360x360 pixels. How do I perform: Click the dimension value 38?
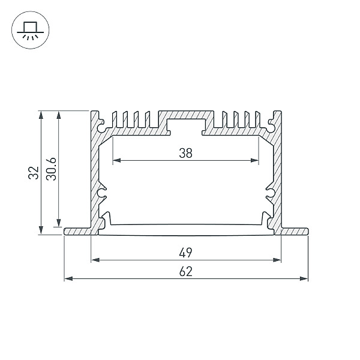[x=185, y=153]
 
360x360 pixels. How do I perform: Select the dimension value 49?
[x=185, y=253]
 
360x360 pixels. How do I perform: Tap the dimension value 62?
[x=185, y=271]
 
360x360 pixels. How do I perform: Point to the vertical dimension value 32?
[x=34, y=173]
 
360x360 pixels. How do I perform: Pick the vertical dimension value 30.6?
[x=51, y=169]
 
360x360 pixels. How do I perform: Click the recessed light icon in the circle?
[x=31, y=31]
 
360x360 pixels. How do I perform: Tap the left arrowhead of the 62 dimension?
[x=68, y=279]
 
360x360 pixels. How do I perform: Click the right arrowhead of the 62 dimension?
[x=304, y=279]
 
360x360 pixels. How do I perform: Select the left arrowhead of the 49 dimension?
[x=95, y=260]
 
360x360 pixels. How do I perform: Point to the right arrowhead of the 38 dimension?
[x=254, y=160]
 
